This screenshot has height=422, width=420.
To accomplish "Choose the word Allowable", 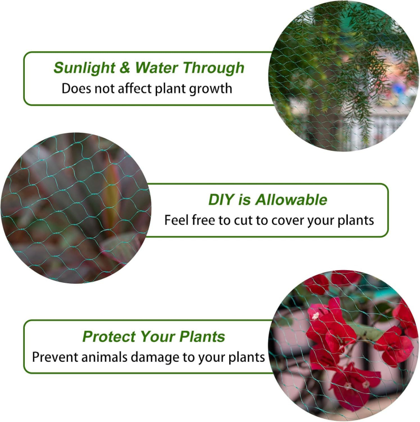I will [291, 200].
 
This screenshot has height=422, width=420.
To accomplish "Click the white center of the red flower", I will [316, 316].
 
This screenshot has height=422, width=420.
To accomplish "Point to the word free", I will [203, 219].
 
